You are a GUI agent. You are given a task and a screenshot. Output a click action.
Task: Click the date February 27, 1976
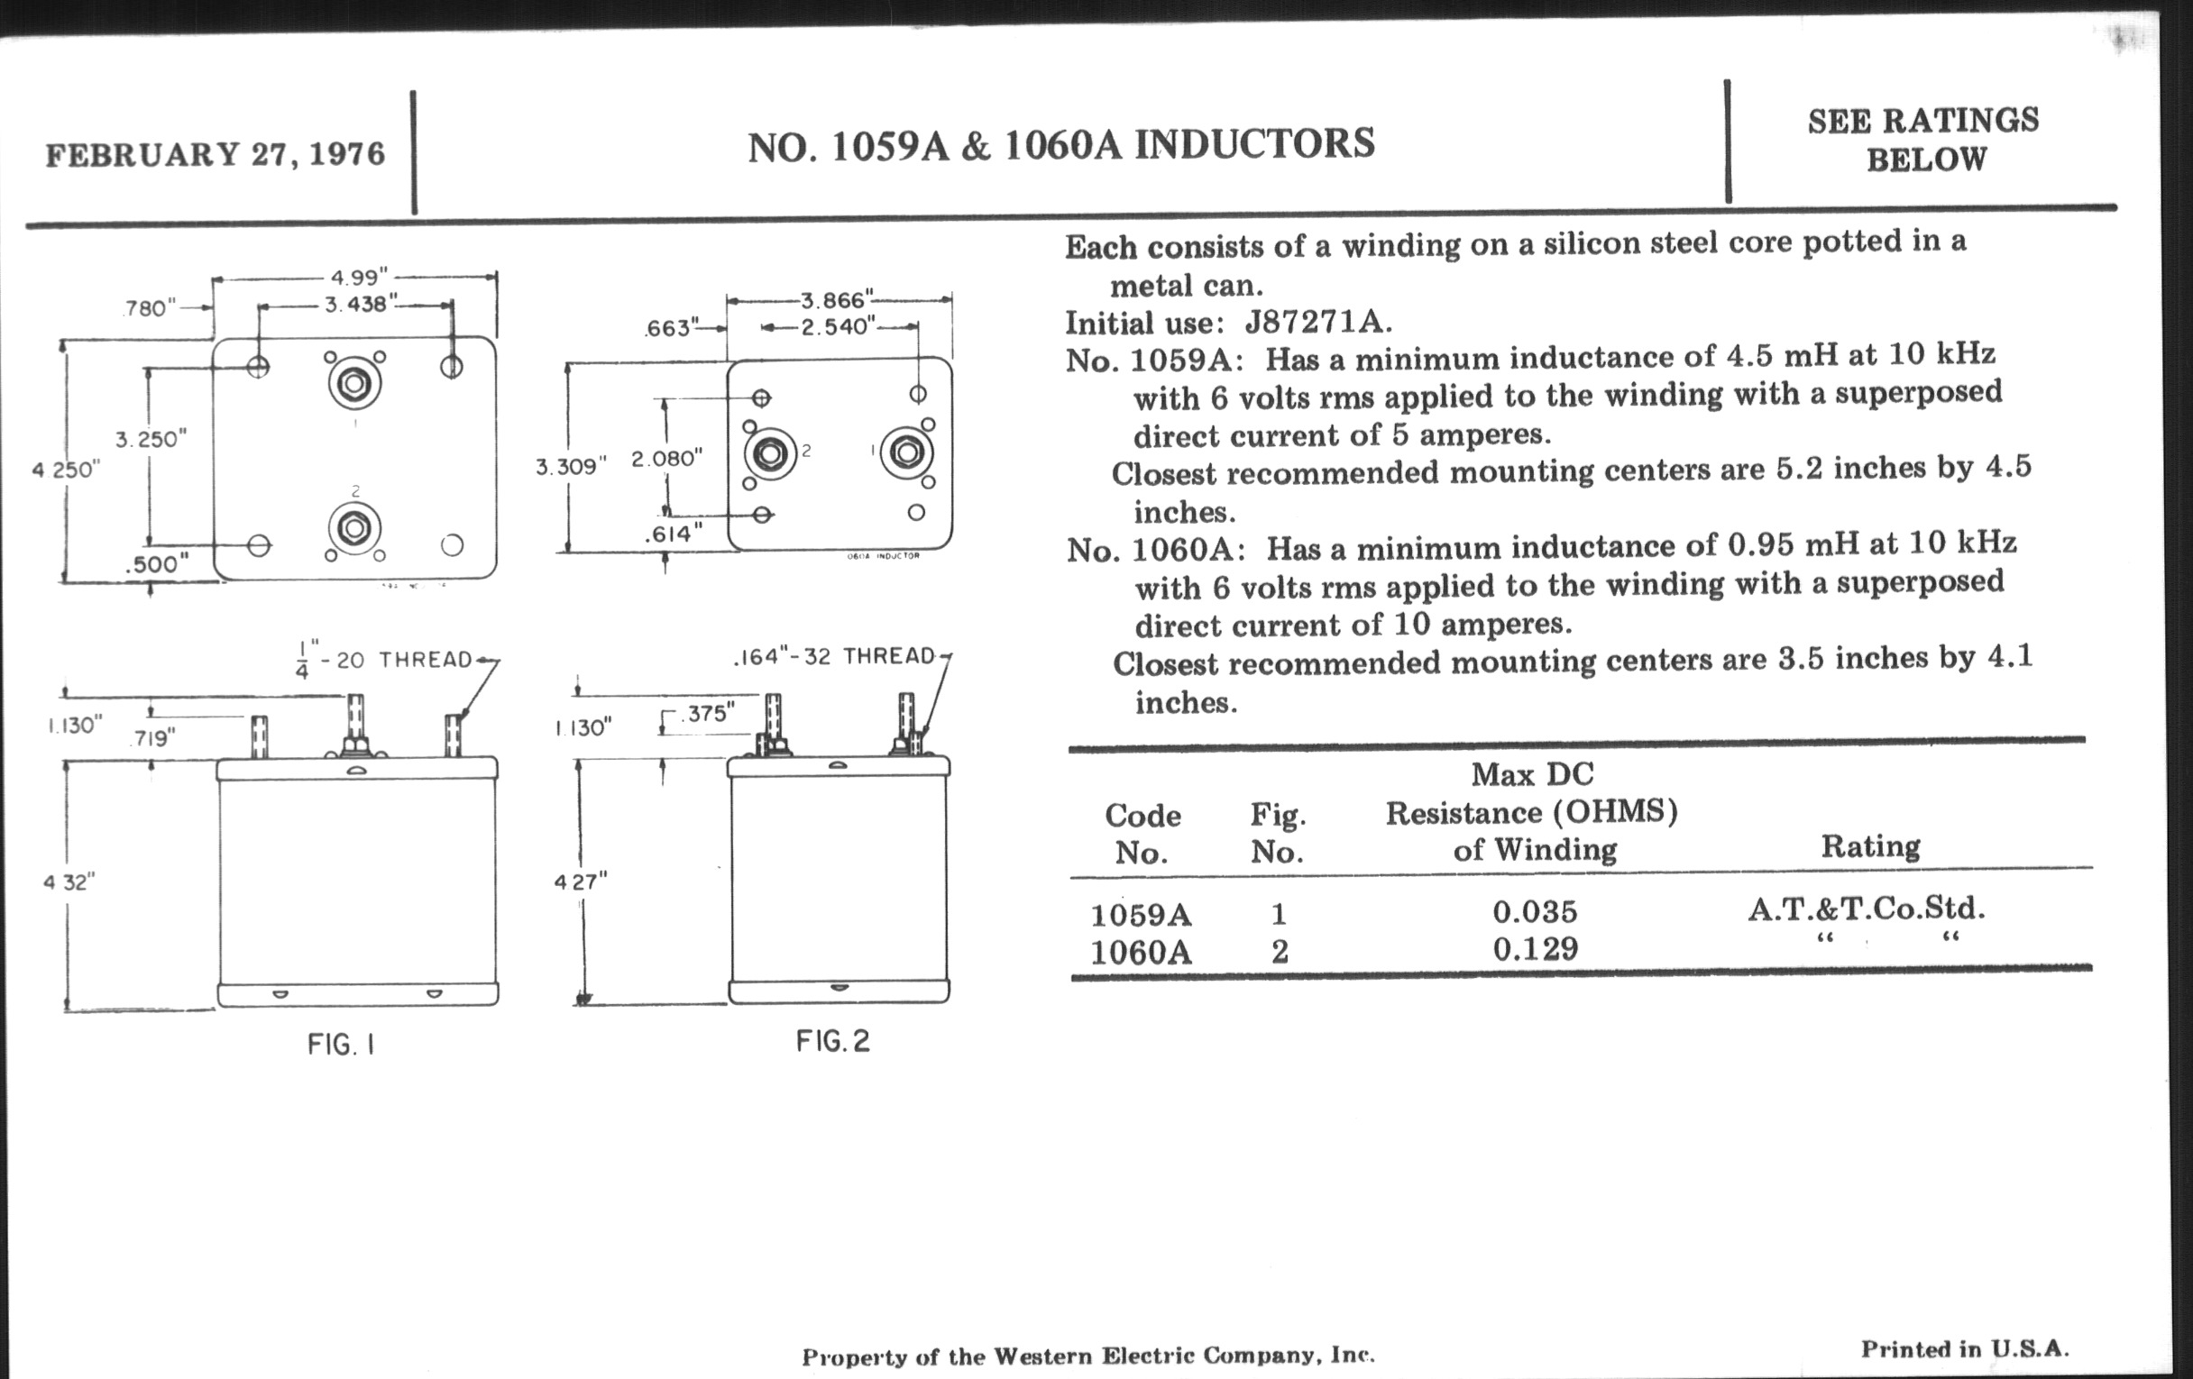(x=215, y=154)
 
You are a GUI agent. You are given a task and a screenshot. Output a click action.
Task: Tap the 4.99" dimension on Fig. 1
(x=358, y=277)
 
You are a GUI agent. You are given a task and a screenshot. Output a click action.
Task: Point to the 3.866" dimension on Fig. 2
(x=837, y=299)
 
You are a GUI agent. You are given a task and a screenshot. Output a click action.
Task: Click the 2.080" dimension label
(x=666, y=459)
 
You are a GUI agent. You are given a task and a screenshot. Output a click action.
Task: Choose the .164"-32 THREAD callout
(x=835, y=656)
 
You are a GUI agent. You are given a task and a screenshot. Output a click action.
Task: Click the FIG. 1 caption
(x=341, y=1044)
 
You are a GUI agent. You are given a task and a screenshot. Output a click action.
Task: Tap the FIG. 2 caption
(x=832, y=1040)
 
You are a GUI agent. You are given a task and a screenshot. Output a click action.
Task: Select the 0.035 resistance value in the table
(x=1535, y=911)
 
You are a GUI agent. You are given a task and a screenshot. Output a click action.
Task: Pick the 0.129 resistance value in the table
(x=1535, y=949)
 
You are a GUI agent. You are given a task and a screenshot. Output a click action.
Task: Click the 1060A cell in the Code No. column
(x=1140, y=952)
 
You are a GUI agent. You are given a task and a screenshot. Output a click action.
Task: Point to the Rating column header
(x=1869, y=846)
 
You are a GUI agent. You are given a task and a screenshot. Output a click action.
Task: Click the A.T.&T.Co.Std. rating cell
(x=1866, y=909)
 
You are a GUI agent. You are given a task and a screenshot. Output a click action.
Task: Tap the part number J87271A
(x=1317, y=323)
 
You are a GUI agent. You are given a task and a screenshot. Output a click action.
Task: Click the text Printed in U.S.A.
(x=1964, y=1349)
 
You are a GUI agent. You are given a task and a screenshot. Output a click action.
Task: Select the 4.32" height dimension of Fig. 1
(x=69, y=882)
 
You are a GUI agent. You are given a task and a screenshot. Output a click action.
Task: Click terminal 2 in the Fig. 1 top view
(x=354, y=528)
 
